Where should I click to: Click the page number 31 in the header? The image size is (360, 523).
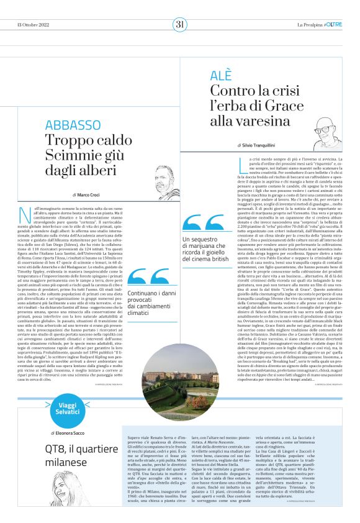point(179,24)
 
